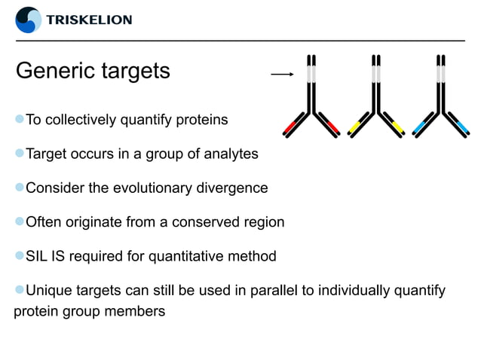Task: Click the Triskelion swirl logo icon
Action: pos(29,20)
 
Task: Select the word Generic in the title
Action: pos(58,72)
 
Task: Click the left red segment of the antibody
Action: pos(293,126)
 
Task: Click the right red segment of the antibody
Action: pos(329,126)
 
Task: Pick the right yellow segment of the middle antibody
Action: pos(394,126)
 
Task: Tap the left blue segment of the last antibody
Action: pos(421,126)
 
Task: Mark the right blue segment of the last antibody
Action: pos(458,126)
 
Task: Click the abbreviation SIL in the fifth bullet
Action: pos(38,256)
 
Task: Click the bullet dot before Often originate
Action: pos(20,221)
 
